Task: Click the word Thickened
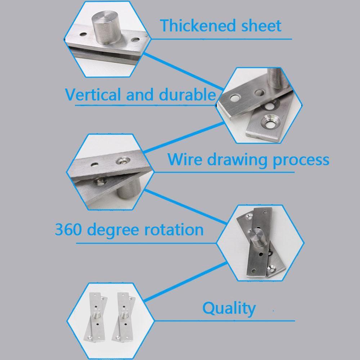(193, 26)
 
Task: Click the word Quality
(229, 309)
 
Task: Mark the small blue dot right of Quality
(274, 310)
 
